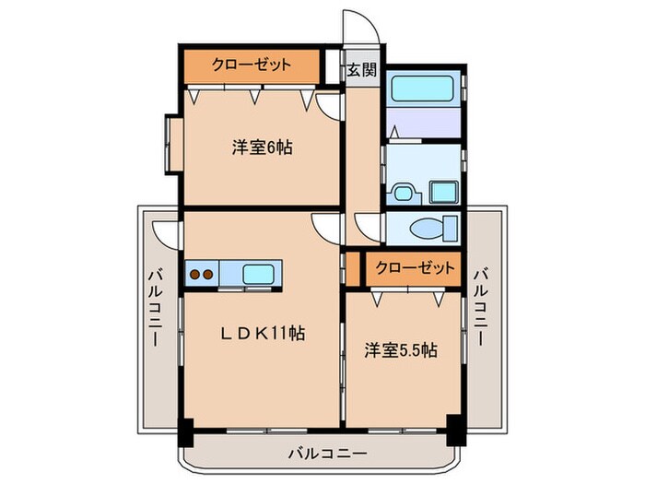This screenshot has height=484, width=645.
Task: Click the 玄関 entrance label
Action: pos(360,70)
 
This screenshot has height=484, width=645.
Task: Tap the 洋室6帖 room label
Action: pos(262,147)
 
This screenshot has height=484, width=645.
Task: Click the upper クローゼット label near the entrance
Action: pos(252,65)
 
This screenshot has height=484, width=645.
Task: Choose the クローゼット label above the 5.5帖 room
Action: pos(414,268)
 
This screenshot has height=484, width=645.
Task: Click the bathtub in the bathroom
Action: pos(422,90)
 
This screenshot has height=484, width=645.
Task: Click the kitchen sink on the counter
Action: pos(258,274)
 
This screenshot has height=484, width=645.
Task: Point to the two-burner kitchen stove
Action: pos(202,274)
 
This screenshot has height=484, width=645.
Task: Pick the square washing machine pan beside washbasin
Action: pos(441,194)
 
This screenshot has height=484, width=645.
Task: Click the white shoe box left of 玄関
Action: pos(334,65)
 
